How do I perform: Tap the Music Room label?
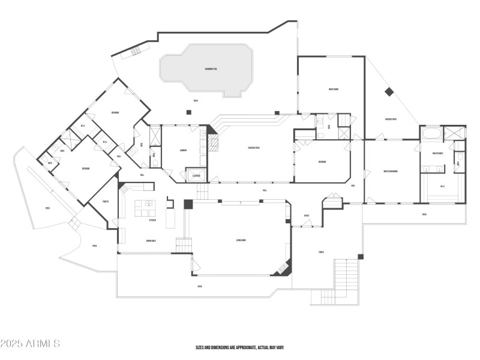click(334, 89)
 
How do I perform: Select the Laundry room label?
click(184, 150)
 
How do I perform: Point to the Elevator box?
click(196, 176)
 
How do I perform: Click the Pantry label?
click(105, 202)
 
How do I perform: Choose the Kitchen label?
click(152, 220)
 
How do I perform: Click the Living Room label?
click(241, 240)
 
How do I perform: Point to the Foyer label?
click(306, 216)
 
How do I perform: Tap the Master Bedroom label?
click(391, 172)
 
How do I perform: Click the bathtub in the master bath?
click(431, 133)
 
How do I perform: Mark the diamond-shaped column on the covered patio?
click(388, 92)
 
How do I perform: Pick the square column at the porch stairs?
click(361, 257)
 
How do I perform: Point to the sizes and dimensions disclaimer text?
click(240, 347)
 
